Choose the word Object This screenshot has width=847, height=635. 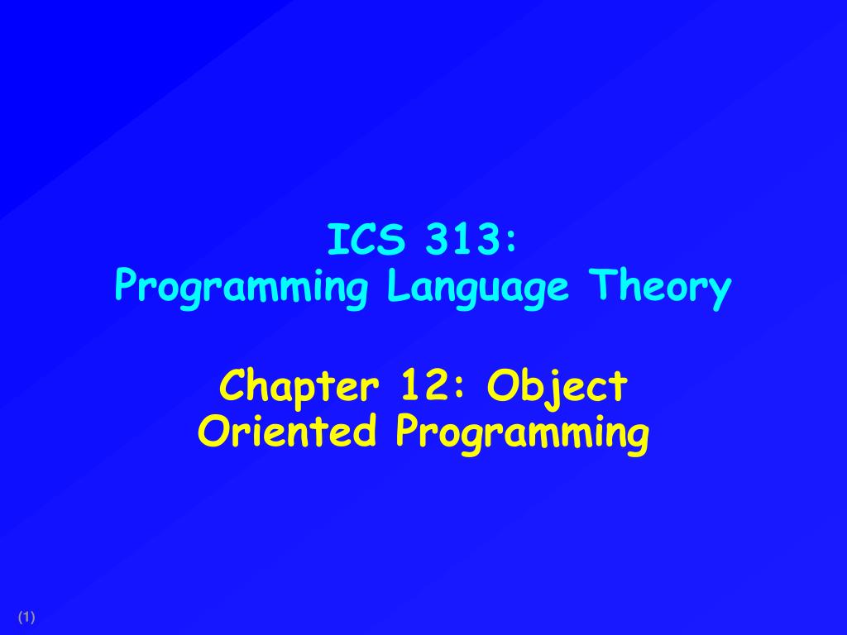[557, 386]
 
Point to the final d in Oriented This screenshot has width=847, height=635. [368, 430]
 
